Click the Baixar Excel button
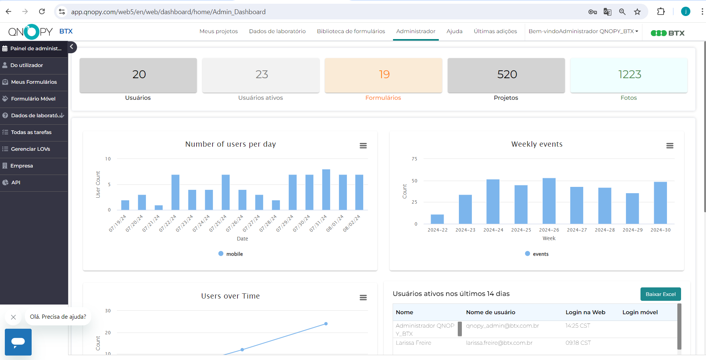[x=660, y=294]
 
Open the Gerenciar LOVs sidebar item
[x=31, y=149]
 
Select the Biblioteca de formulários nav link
[x=351, y=31]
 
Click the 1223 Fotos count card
[x=629, y=75]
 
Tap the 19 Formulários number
[x=384, y=74]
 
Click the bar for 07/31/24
[x=326, y=190]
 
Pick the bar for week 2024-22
[x=437, y=219]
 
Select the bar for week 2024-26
[x=549, y=201]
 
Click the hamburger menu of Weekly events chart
[x=670, y=146]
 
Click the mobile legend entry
[x=231, y=254]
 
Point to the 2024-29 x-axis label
[x=632, y=230]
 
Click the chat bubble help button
[x=18, y=342]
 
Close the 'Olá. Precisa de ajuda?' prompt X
[x=13, y=317]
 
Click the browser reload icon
[x=42, y=12]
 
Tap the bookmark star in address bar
[x=637, y=12]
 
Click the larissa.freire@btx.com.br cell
[x=499, y=343]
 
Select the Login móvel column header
[x=640, y=312]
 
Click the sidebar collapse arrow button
[x=71, y=47]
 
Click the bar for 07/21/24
[x=159, y=208]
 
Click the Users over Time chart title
[x=230, y=296]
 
